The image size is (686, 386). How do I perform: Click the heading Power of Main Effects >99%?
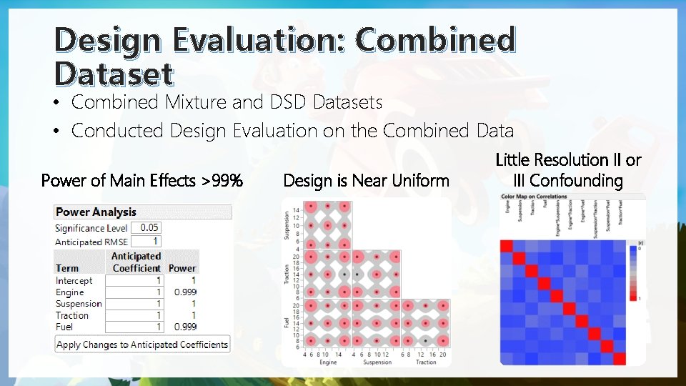pyautogui.click(x=142, y=180)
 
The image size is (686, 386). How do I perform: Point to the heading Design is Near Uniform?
pyautogui.click(x=366, y=180)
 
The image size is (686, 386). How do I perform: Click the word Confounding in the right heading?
pyautogui.click(x=575, y=181)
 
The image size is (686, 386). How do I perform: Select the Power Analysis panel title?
pyautogui.click(x=96, y=212)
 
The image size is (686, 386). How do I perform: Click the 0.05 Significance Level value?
pyautogui.click(x=149, y=228)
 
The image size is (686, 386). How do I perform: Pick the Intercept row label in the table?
pyautogui.click(x=74, y=281)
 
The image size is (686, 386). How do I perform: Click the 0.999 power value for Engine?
pyautogui.click(x=185, y=292)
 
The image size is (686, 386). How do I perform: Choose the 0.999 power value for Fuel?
pyautogui.click(x=185, y=327)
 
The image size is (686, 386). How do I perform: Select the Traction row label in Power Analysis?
pyautogui.click(x=72, y=315)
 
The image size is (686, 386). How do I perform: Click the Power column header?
pyautogui.click(x=182, y=268)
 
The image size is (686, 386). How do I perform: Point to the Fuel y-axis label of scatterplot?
pyautogui.click(x=287, y=322)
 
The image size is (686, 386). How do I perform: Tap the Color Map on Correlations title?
pyautogui.click(x=534, y=197)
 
